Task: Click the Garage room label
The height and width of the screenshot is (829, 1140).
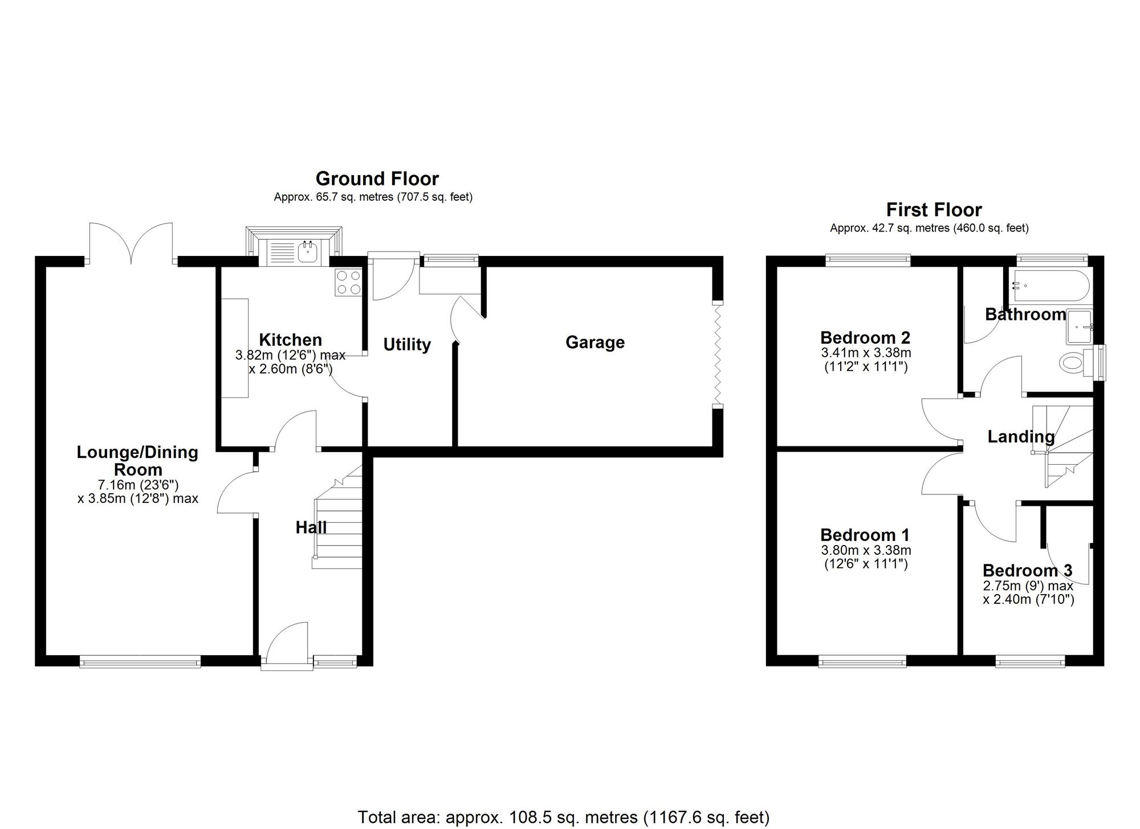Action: tap(595, 343)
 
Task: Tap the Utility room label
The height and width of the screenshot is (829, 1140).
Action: tap(407, 344)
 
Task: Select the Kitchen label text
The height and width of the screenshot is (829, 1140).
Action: tap(291, 340)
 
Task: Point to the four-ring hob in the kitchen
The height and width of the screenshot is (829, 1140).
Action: tap(349, 282)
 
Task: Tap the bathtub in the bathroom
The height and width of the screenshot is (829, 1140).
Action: tap(1049, 286)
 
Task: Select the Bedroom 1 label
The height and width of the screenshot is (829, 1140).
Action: tap(865, 535)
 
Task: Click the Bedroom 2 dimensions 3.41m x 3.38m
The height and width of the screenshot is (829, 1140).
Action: tap(866, 353)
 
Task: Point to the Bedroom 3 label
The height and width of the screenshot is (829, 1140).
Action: tap(1027, 570)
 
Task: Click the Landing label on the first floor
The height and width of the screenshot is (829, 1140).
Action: tap(1021, 437)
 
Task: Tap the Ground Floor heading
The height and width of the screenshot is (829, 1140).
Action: tap(377, 179)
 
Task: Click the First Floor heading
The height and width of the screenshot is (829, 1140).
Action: tap(934, 210)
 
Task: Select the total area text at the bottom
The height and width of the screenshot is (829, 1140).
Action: tap(564, 818)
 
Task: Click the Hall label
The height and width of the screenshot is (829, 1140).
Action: tap(311, 527)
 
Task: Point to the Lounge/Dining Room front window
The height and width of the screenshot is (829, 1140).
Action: tap(140, 661)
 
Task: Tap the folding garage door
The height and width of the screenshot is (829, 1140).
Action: tap(718, 353)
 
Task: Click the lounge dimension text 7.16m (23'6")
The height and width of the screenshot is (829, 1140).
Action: tap(139, 485)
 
